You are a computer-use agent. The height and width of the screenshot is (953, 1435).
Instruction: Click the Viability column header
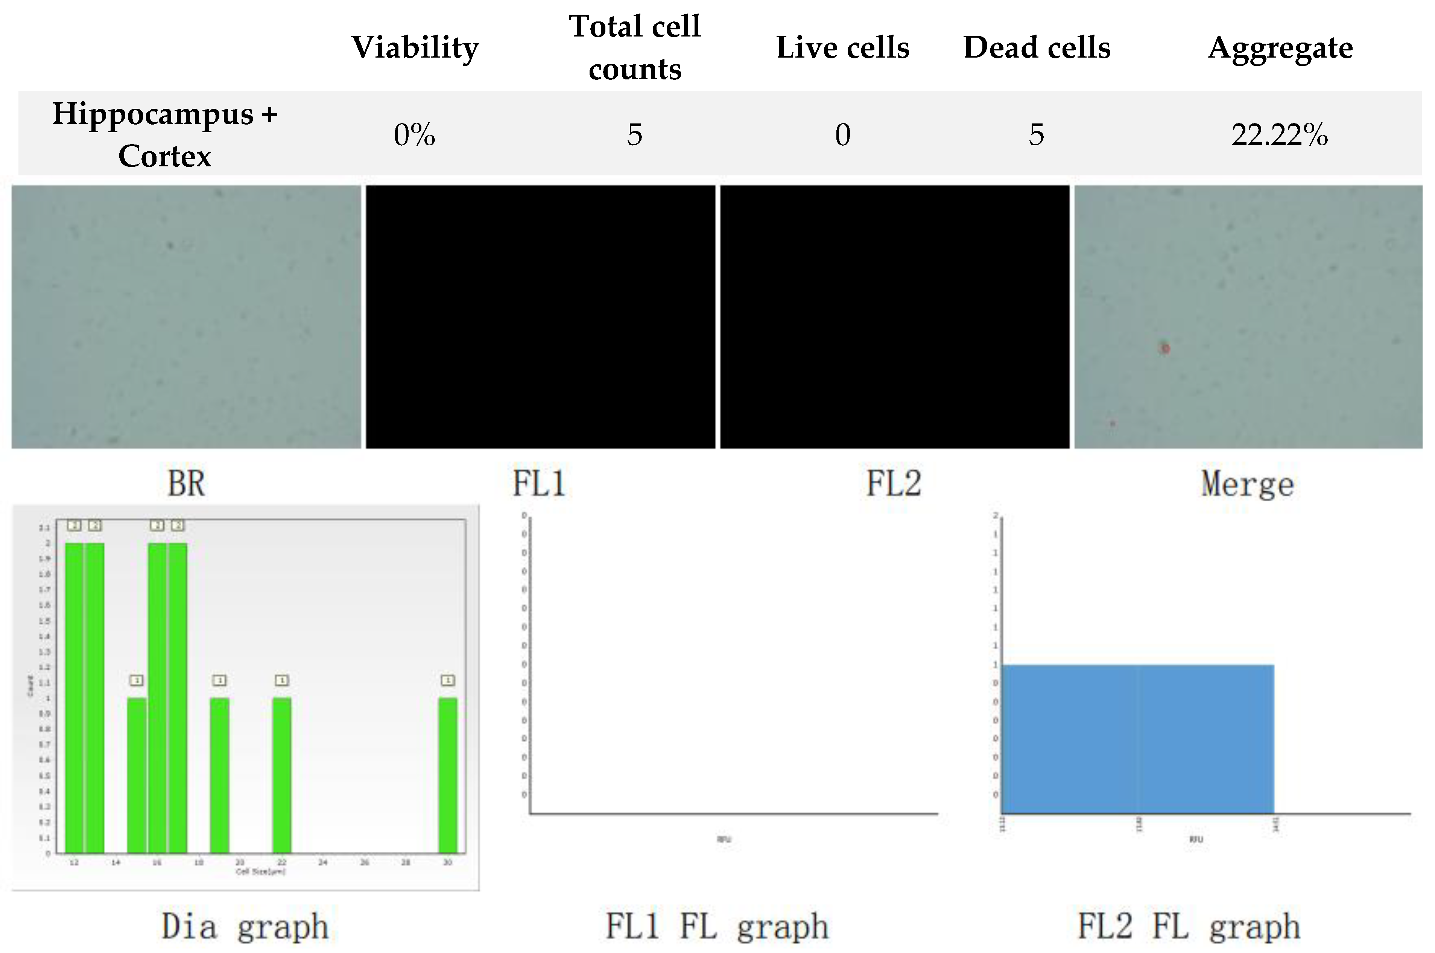coord(415,47)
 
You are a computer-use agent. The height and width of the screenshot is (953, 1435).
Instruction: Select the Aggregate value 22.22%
coord(1280,134)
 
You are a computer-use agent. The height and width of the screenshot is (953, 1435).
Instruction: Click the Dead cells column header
coord(1037,47)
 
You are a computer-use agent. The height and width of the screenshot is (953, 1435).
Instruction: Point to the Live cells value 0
coord(842,134)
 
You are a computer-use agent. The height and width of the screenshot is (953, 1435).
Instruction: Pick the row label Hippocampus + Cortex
coord(165,134)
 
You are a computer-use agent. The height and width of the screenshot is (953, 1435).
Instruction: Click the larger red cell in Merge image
coord(1164,348)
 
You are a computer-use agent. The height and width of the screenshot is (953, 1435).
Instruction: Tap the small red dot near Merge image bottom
coord(1113,423)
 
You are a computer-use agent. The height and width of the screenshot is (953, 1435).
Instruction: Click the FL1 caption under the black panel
coord(539,484)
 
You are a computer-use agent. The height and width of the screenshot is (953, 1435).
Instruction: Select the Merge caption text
coord(1247,484)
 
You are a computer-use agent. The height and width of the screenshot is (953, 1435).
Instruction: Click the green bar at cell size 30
coord(448,775)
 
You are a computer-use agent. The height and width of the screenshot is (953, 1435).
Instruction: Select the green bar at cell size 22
coord(281,775)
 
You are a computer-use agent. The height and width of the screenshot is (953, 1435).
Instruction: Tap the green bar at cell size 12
coord(74,699)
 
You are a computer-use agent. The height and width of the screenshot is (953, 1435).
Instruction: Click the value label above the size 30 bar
coord(448,680)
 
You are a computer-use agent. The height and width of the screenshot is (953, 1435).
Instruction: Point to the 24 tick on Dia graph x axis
coord(322,862)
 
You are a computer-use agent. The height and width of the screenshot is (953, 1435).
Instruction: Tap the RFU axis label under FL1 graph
coord(724,839)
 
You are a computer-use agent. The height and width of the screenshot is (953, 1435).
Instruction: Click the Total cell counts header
coord(634,47)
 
